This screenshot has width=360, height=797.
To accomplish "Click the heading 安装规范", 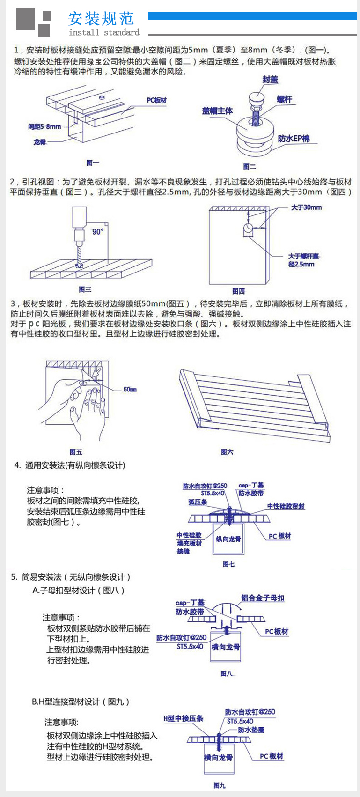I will click(101, 18).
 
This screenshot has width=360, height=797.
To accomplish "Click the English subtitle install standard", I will click(104, 32).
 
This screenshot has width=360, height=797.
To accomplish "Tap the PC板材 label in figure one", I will click(156, 100).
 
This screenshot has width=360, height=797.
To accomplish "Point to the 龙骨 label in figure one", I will click(40, 142).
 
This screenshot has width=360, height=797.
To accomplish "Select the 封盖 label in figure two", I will click(270, 80).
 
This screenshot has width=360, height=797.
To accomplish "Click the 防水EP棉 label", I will click(294, 139).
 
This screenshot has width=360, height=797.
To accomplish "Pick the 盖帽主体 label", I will click(217, 111).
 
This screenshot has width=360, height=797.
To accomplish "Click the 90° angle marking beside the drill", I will click(98, 231).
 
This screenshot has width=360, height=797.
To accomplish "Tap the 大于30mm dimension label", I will click(307, 207).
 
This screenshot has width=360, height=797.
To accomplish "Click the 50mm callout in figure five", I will click(130, 389).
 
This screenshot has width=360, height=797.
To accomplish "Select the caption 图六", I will click(227, 452).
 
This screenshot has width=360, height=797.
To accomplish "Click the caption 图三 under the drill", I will click(85, 289).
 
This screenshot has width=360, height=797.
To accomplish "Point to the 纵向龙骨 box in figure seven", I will click(228, 539).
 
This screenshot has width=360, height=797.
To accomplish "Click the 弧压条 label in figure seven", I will click(198, 502).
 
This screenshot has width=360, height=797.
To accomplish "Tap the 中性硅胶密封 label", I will click(286, 506).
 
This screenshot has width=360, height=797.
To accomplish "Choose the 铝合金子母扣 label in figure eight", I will click(263, 598).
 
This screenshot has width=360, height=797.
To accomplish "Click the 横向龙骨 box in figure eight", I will click(226, 647).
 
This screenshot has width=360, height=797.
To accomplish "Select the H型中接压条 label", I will click(184, 718).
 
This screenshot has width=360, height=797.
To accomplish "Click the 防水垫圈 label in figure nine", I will click(251, 730).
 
